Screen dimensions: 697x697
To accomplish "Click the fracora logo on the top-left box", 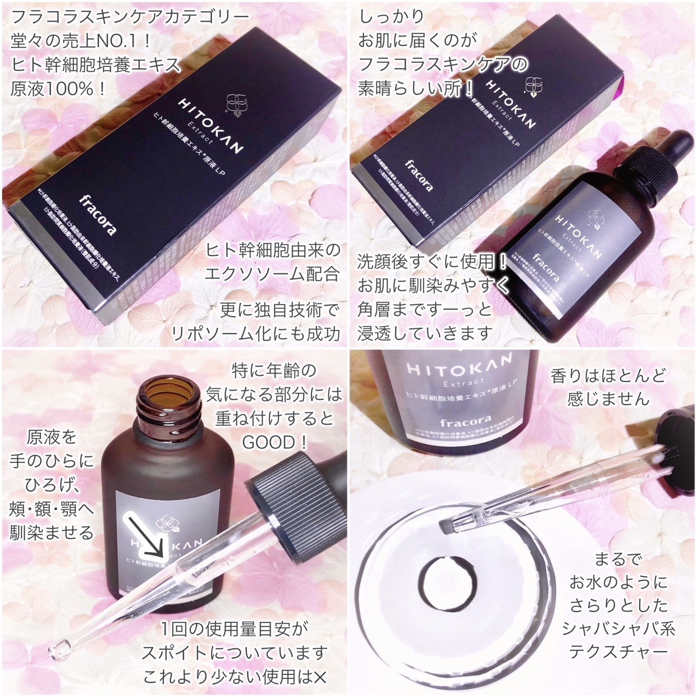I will tap(98, 214).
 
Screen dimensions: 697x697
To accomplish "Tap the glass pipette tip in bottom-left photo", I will tap(58, 650).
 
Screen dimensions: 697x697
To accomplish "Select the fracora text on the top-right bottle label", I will tap(545, 268).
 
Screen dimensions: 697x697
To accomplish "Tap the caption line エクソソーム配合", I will tap(272, 274).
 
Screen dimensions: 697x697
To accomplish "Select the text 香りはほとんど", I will tap(608, 375).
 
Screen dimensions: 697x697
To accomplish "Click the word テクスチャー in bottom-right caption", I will tap(618, 652).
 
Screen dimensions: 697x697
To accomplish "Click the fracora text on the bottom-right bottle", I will tap(458, 421).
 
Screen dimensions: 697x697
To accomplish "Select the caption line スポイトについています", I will tap(235, 653).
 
